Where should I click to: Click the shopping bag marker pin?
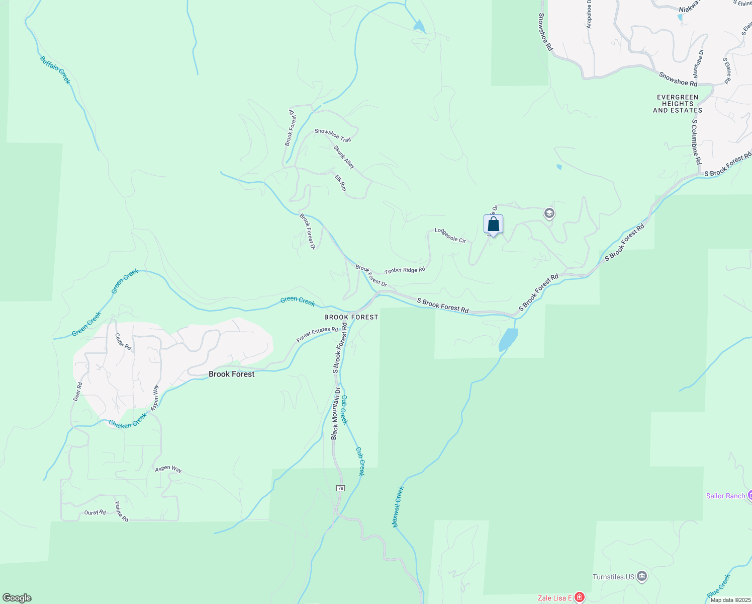pyautogui.click(x=493, y=224)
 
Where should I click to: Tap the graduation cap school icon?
pyautogui.click(x=549, y=214)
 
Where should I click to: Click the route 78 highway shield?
pyautogui.click(x=341, y=488)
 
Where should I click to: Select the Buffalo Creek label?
pyautogui.click(x=55, y=70)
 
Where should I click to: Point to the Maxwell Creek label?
pyautogui.click(x=398, y=507)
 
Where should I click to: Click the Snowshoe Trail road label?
pyautogui.click(x=333, y=135)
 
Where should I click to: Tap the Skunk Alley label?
pyautogui.click(x=344, y=157)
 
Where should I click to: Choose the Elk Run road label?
pyautogui.click(x=341, y=183)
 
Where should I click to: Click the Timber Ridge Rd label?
pyautogui.click(x=405, y=270)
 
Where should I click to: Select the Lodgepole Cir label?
pyautogui.click(x=450, y=236)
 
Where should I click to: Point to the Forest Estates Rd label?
pyautogui.click(x=317, y=335)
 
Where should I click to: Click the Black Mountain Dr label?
pyautogui.click(x=336, y=413)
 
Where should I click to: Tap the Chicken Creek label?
pyautogui.click(x=128, y=421)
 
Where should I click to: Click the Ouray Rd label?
pyautogui.click(x=95, y=512)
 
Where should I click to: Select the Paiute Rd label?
pyautogui.click(x=121, y=511)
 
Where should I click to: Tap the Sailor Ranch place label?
pyautogui.click(x=725, y=496)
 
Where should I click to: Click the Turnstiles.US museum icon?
pyautogui.click(x=641, y=576)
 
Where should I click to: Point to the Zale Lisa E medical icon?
pyautogui.click(x=580, y=597)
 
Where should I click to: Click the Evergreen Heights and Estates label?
pyautogui.click(x=678, y=104)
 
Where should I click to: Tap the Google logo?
pyautogui.click(x=17, y=598)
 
